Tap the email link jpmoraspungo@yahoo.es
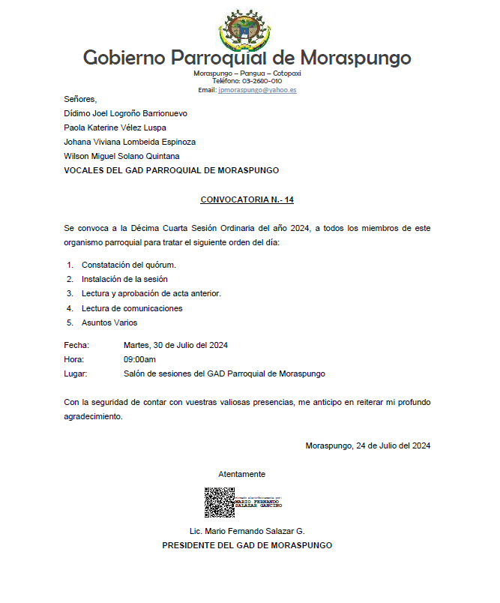point(257,90)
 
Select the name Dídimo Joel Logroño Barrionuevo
point(125,113)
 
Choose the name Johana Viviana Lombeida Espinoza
point(130,142)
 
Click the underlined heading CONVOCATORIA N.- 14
point(247,200)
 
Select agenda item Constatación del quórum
point(129,265)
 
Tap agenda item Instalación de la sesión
point(124,279)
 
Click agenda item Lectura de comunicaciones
point(132,308)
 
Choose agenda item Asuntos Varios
point(109,322)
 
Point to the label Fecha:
point(76,345)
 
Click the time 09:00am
point(139,359)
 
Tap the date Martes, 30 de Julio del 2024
point(175,345)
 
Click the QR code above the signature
point(220,502)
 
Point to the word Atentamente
point(241,474)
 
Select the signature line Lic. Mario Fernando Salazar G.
point(247,531)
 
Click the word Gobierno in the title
point(124,58)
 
